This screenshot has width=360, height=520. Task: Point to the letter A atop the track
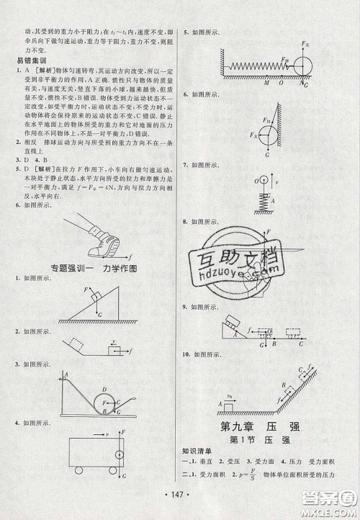click(66, 374)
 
